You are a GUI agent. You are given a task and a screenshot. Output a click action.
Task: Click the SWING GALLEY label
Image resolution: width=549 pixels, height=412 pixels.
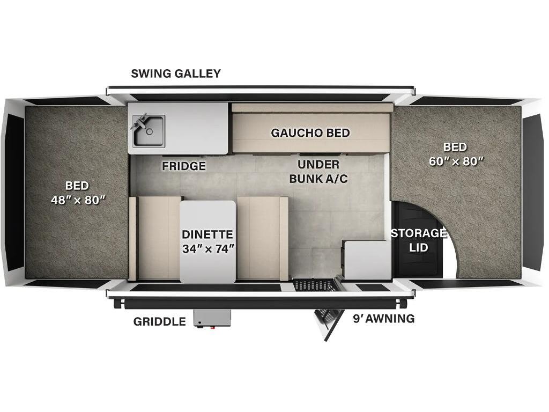tap(176, 73)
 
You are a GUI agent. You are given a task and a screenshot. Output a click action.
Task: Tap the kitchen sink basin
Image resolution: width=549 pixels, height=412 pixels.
tap(149, 131)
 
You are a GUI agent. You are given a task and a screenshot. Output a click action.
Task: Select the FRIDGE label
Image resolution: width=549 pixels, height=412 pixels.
tap(184, 166)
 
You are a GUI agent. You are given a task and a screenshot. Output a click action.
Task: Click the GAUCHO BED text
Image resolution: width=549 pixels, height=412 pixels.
tap(310, 133)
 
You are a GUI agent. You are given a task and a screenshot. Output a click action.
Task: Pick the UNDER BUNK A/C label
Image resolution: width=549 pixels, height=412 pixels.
tap(318, 172)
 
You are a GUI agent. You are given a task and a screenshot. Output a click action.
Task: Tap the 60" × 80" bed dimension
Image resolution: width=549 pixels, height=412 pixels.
tap(456, 161)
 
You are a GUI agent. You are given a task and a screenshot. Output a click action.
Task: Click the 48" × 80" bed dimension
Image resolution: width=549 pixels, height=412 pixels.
tap(78, 200)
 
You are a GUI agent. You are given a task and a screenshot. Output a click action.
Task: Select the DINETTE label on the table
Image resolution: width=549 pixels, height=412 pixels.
tap(207, 234)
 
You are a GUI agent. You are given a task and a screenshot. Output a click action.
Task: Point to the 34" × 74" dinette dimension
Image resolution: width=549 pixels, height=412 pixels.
tap(208, 249)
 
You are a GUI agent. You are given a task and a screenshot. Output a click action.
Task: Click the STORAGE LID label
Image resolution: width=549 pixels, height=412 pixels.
tap(419, 240)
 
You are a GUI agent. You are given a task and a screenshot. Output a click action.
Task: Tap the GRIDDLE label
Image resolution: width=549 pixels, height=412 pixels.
tap(160, 322)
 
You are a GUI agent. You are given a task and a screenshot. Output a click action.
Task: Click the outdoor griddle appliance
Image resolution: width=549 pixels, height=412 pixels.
tap(212, 319)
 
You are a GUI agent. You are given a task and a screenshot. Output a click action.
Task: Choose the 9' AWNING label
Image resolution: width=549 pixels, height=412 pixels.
tap(384, 319)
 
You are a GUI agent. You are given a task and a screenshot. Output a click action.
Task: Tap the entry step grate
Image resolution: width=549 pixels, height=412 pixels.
tap(313, 284)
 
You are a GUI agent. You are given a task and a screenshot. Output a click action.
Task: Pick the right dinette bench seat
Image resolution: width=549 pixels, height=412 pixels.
tap(263, 238)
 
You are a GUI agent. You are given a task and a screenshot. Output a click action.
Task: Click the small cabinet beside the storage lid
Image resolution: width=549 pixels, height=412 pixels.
tap(367, 261)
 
